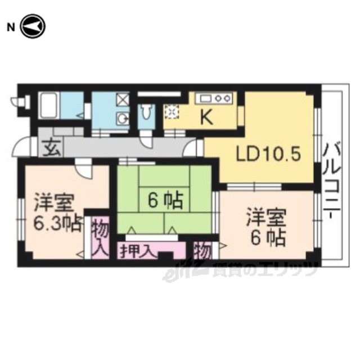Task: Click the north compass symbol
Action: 33,26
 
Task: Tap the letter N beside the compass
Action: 11,28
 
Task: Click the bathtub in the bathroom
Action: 49,106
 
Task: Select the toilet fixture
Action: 146,111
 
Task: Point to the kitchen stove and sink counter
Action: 214,98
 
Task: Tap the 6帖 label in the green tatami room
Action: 165,200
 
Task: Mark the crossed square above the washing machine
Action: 123,100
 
